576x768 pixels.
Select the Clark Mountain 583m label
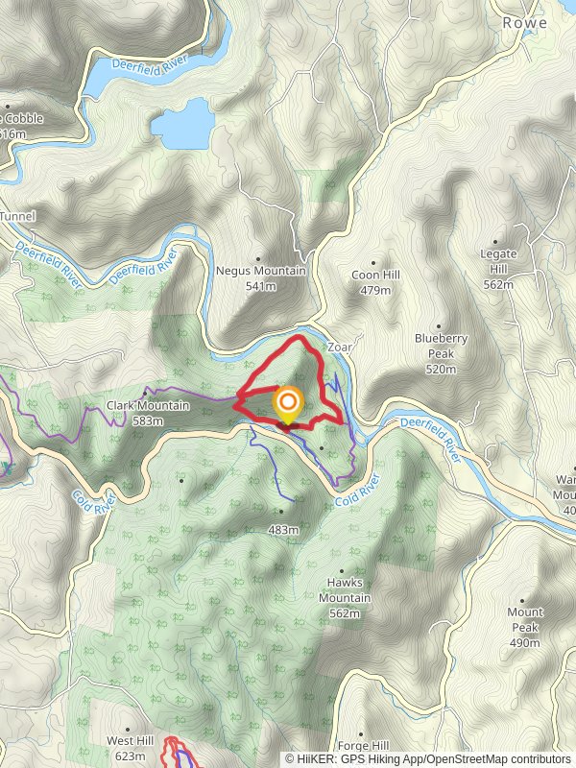tap(148, 413)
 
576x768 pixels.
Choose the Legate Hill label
tap(498, 269)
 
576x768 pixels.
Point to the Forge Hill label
tap(362, 746)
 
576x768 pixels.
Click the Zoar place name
tap(341, 347)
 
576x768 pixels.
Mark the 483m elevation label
tap(284, 529)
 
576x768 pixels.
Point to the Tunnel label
tap(16, 217)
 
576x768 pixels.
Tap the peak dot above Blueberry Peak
tap(439, 324)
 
